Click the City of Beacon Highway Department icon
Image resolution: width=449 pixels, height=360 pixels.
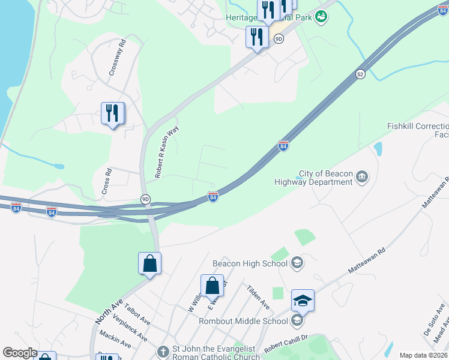(362, 177)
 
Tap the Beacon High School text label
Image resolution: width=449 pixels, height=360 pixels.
(251, 263)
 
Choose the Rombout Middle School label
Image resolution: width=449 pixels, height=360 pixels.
(243, 321)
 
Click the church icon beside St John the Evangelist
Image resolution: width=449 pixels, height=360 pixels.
(162, 352)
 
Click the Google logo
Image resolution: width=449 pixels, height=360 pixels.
(20, 353)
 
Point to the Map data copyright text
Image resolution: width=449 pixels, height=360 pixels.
(424, 355)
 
